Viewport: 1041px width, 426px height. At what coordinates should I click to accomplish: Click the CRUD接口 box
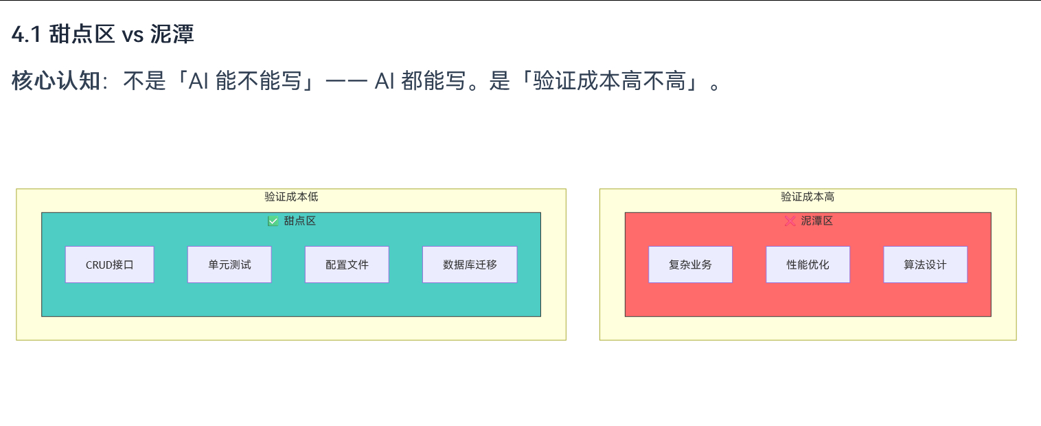pos(109,265)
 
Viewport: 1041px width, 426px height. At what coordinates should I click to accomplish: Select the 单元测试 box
pos(229,265)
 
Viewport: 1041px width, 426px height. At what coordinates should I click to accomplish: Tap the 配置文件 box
pos(347,265)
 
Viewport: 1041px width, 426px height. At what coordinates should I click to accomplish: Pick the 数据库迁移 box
pos(470,265)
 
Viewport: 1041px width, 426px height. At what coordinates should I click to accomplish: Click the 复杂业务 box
pos(690,265)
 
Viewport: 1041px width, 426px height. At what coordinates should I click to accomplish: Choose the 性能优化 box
pos(808,265)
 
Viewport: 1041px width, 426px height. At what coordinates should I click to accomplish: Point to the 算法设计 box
pos(925,265)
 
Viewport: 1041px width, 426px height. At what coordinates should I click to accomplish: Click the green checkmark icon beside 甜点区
pos(273,221)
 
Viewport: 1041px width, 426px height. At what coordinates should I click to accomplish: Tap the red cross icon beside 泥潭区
pos(790,221)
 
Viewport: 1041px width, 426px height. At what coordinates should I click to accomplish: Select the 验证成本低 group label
pos(291,197)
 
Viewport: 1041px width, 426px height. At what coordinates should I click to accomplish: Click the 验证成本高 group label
pos(808,197)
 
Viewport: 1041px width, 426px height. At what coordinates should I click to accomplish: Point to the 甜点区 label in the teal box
pos(300,221)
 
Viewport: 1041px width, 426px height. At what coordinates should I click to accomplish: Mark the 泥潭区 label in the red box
pos(816,221)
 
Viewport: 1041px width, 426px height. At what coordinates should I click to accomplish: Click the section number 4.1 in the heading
pos(27,34)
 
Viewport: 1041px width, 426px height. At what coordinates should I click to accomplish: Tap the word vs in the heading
pos(132,34)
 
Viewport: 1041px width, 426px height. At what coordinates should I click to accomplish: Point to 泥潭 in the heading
pos(172,34)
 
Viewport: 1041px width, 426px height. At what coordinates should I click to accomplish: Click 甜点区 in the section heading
pos(82,34)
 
